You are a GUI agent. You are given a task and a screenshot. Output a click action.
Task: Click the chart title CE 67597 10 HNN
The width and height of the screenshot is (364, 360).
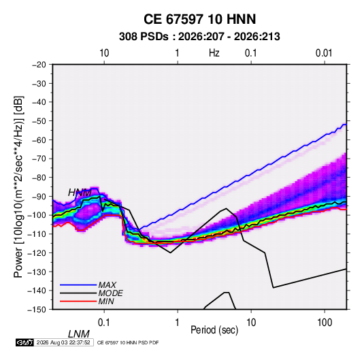click(199, 19)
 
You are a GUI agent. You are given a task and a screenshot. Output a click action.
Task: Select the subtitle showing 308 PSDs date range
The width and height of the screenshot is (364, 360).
click(199, 37)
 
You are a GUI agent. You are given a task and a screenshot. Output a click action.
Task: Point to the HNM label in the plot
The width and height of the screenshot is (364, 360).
click(80, 193)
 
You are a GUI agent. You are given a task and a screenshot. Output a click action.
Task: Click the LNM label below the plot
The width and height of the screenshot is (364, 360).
click(79, 334)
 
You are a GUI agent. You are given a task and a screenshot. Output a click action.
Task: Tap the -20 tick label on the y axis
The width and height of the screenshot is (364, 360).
click(39, 65)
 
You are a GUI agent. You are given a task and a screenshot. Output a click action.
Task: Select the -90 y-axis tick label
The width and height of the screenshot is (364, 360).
click(39, 197)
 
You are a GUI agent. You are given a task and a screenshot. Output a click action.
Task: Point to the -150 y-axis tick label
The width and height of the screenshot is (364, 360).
click(37, 310)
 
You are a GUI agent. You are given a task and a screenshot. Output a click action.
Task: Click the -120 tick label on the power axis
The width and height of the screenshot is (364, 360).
click(37, 253)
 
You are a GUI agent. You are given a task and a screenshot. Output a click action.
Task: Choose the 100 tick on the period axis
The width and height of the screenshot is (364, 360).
click(325, 323)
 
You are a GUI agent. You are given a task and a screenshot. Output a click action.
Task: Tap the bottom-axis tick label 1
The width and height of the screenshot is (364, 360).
click(178, 323)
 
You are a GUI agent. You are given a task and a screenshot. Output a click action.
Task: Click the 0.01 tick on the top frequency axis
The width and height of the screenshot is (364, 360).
click(324, 53)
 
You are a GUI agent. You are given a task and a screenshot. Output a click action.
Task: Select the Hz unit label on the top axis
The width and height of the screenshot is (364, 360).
click(214, 53)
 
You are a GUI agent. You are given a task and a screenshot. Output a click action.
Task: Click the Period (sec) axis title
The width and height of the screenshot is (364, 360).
click(214, 330)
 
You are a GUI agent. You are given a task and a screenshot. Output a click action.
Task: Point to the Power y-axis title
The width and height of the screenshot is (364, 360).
click(18, 187)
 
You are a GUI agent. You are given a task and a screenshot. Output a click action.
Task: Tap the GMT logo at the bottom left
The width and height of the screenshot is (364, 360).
click(24, 342)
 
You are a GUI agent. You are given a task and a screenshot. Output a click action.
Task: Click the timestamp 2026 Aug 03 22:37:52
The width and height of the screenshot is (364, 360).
click(63, 342)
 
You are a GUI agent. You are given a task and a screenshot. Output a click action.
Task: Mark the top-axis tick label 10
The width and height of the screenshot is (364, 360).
click(104, 53)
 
